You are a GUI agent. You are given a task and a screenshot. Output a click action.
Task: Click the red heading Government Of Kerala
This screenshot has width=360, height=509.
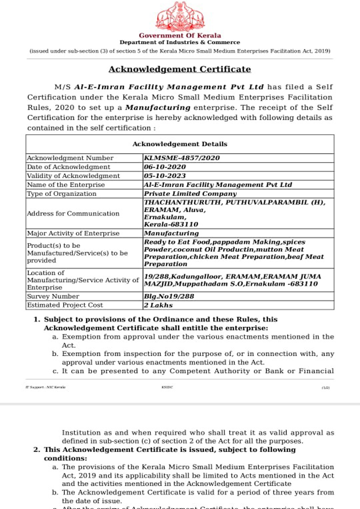tap(180, 36)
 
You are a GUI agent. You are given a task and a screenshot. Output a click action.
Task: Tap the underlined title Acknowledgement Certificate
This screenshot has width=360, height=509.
tap(180, 69)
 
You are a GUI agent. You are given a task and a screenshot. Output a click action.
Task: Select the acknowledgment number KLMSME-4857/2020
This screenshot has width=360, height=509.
tap(182, 158)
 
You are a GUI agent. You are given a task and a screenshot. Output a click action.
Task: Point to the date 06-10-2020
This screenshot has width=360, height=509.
tap(165, 167)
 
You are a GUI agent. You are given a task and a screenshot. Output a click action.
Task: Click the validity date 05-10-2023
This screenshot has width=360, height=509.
tap(165, 176)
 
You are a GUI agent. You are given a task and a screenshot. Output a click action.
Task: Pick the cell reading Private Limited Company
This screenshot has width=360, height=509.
tap(191, 194)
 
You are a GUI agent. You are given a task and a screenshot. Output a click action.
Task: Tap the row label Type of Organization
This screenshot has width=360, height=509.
tap(62, 194)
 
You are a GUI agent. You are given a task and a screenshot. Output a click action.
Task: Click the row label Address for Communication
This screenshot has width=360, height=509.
tap(73, 213)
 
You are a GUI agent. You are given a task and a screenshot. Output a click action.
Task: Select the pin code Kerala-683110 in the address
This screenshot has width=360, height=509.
tap(171, 225)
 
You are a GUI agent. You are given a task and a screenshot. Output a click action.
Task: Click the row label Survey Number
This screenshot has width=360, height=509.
tap(53, 297)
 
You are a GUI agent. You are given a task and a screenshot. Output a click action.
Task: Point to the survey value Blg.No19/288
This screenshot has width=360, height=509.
tap(169, 297)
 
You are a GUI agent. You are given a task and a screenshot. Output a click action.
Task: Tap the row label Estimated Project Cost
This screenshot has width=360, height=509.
tap(65, 305)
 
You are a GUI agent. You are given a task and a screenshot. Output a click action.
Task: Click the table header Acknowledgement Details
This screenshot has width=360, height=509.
tap(180, 144)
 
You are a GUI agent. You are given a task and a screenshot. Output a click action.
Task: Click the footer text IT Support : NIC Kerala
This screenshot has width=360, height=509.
tap(46, 387)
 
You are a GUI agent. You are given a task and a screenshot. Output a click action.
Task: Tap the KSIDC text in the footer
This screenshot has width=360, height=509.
tap(167, 387)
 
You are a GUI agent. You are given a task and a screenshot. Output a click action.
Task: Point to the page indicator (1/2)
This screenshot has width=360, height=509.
tap(326, 387)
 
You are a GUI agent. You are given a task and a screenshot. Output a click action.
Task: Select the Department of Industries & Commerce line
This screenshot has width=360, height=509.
tap(180, 43)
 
